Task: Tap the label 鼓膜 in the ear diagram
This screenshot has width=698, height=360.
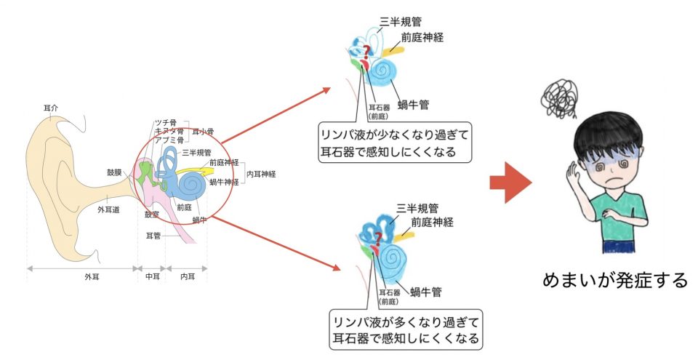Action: click(115, 172)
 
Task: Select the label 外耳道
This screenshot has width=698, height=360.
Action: click(108, 209)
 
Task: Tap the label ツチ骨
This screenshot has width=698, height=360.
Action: click(166, 122)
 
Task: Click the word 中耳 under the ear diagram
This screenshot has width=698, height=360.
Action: click(152, 277)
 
